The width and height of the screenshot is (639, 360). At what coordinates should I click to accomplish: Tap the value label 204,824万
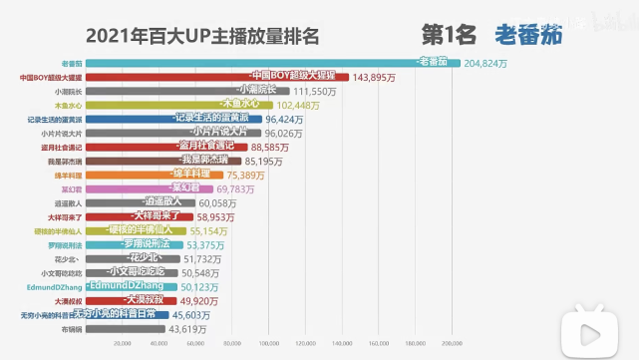coord(487,63)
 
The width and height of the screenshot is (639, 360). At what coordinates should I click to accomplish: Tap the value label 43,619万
coord(187,328)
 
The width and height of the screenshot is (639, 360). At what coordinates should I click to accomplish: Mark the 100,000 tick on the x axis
coord(266,344)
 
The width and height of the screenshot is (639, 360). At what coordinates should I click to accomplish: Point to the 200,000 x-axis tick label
coord(451,344)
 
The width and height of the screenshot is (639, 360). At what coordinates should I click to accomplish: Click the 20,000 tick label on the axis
coord(122,344)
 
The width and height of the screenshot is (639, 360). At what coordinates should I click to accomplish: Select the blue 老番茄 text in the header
coord(528,35)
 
